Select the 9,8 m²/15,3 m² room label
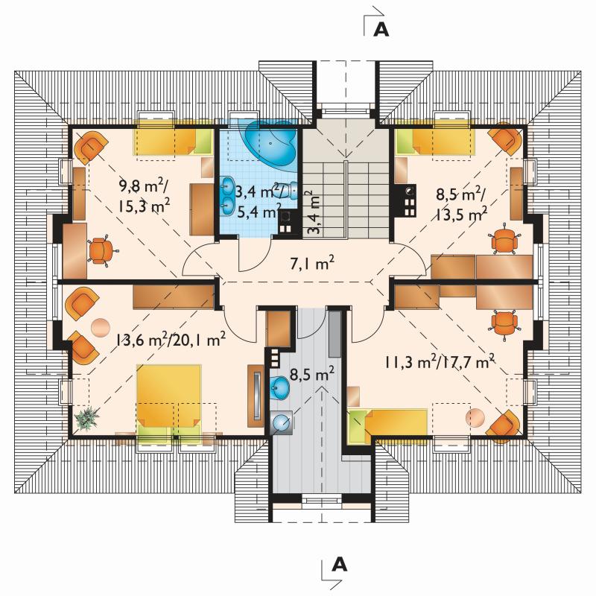pyautogui.click(x=144, y=197)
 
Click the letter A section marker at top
pyautogui.click(x=381, y=29)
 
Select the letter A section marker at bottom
pyautogui.click(x=340, y=565)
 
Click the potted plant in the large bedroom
pyautogui.click(x=87, y=419)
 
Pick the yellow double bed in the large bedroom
pyautogui.click(x=169, y=400)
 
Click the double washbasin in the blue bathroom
pyautogui.click(x=227, y=195)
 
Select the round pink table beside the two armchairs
pyautogui.click(x=101, y=328)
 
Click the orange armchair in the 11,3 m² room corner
pyautogui.click(x=503, y=427)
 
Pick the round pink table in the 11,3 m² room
pyautogui.click(x=475, y=418)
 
